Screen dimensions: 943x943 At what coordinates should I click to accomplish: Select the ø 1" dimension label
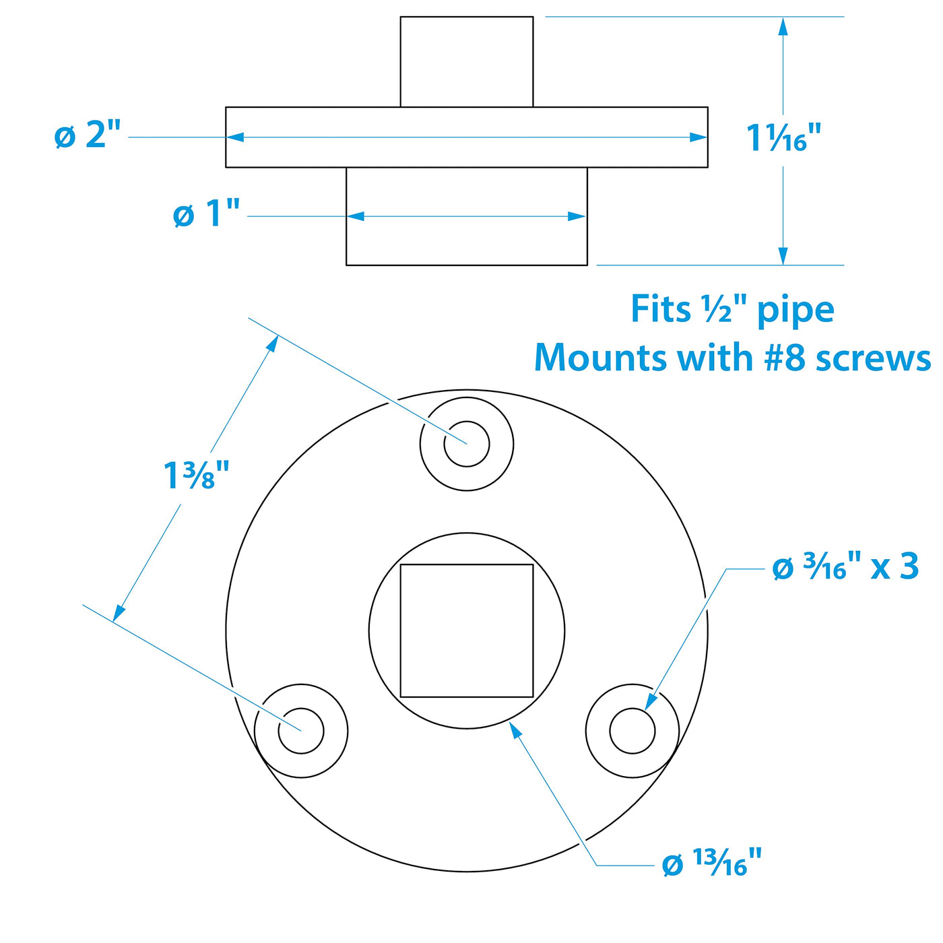click(207, 214)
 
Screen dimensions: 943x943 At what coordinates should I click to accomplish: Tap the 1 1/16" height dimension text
click(783, 137)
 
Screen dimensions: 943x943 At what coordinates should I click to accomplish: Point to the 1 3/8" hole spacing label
click(196, 476)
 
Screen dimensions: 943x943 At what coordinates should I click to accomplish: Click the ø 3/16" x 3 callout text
click(845, 568)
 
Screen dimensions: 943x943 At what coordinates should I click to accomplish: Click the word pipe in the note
click(795, 311)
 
